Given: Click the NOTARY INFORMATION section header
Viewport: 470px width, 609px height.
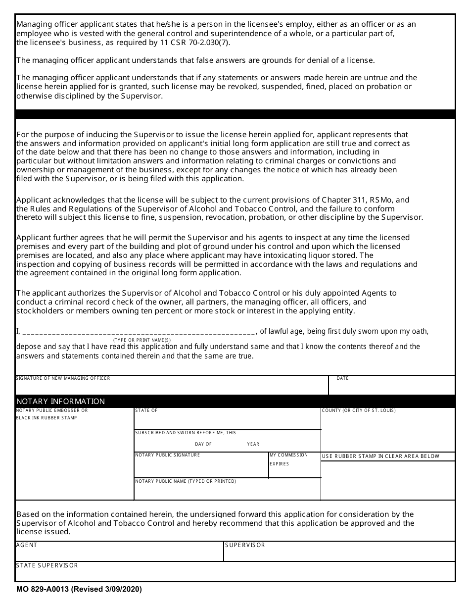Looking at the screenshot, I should click(x=60, y=401).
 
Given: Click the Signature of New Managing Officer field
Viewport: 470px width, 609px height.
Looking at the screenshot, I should click(x=172, y=387).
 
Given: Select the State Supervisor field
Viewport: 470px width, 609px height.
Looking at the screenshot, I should click(x=235, y=572).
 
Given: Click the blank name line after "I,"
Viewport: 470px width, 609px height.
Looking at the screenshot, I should click(x=139, y=332).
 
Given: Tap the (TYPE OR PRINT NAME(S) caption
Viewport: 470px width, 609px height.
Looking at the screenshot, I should click(x=142, y=340).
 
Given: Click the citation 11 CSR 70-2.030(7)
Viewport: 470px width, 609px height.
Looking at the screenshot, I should click(x=191, y=42).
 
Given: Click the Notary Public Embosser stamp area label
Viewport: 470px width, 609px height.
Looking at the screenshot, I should click(x=52, y=414).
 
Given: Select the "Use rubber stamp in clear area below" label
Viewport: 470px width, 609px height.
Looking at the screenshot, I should click(x=380, y=456).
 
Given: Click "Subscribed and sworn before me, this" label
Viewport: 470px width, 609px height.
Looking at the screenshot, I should click(x=186, y=433).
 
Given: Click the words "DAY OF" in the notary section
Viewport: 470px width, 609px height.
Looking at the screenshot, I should click(x=203, y=444).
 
